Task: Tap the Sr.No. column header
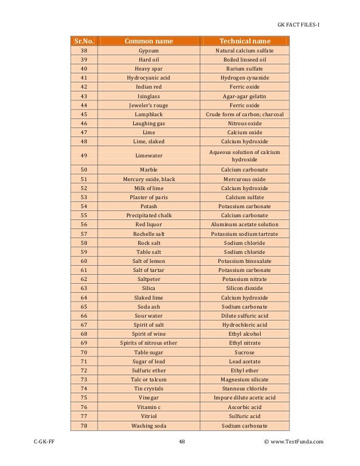pyautogui.click(x=84, y=41)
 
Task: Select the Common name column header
pyautogui.click(x=148, y=41)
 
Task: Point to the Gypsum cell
pyautogui.click(x=148, y=50)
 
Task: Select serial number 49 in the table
pyautogui.click(x=84, y=155)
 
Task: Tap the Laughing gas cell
pyautogui.click(x=148, y=123)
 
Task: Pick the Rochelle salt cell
pyautogui.click(x=148, y=234)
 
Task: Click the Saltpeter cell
pyautogui.click(x=148, y=279)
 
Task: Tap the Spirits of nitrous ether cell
pyautogui.click(x=148, y=343)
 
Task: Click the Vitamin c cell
pyautogui.click(x=148, y=407)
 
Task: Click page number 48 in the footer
pyautogui.click(x=182, y=442)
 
